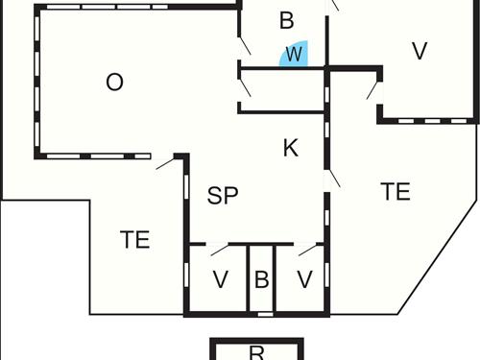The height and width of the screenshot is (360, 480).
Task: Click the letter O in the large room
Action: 114,83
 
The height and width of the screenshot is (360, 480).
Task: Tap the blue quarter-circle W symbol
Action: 294,56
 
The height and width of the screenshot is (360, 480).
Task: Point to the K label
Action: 292,148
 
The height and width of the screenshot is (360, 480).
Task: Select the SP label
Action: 222,196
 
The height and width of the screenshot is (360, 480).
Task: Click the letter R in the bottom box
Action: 256,352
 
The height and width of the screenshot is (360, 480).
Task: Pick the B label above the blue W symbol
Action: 286,20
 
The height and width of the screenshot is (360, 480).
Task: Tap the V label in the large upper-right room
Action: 419,51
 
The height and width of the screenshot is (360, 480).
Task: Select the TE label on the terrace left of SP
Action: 135,239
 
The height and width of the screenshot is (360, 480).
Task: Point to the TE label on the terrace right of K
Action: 396,191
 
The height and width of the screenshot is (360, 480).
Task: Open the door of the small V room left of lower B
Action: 219,251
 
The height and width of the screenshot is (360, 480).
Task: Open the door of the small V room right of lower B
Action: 307,251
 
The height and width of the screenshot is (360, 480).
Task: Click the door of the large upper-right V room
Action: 372,89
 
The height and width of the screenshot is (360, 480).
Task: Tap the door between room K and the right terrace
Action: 333,180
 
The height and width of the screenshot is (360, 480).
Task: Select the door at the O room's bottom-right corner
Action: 166,163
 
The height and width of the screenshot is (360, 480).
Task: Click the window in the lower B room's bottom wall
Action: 261,313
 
